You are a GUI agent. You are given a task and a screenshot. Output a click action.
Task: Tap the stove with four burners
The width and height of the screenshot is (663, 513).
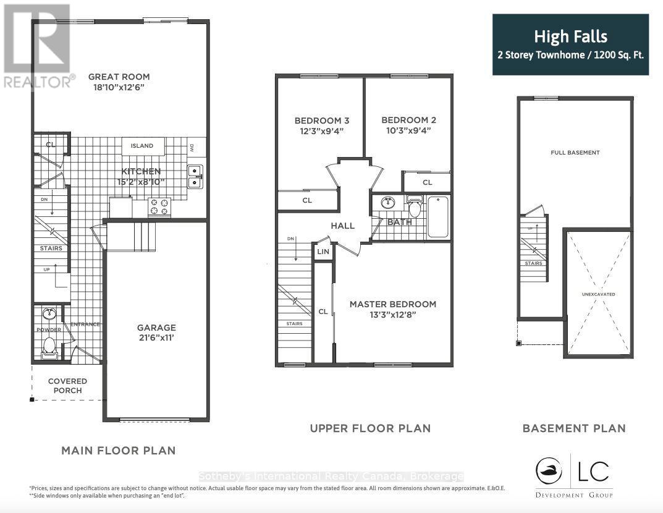coord(159,207)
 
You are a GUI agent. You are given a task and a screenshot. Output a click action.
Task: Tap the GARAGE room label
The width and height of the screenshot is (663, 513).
coord(156,328)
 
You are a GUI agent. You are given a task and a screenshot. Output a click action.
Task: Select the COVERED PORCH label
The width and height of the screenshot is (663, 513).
coord(67,386)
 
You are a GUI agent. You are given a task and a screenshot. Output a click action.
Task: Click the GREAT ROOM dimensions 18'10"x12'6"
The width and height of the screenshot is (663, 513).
coord(119,88)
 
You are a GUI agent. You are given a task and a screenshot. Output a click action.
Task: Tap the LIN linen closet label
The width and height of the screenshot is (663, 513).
coord(323,252)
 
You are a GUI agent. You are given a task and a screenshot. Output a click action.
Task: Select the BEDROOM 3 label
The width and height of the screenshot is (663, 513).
coord(318,120)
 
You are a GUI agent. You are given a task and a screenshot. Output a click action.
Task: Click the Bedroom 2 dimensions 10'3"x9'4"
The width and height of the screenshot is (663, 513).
coord(408,130)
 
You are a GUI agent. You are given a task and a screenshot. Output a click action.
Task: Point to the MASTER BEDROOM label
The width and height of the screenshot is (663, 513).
coord(392,304)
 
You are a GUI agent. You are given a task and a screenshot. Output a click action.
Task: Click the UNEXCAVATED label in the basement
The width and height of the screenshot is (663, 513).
coord(598,295)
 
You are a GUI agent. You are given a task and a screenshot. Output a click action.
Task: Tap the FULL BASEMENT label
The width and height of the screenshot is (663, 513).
coord(575,153)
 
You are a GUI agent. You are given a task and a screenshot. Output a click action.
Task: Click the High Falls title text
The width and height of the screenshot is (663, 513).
coord(570,38)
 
